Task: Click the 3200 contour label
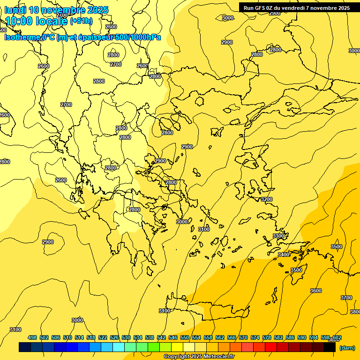267,199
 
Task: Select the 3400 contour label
284,255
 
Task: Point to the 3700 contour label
346,298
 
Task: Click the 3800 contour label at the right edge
355,312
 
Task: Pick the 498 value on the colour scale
32,337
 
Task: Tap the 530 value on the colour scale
126,337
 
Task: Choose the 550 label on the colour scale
185,337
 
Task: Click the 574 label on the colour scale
255,337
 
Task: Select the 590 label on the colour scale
302,337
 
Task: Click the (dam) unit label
347,347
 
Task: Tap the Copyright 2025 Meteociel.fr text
199,357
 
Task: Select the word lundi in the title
16,10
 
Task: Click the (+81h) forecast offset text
81,21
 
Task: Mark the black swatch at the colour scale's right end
330,347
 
